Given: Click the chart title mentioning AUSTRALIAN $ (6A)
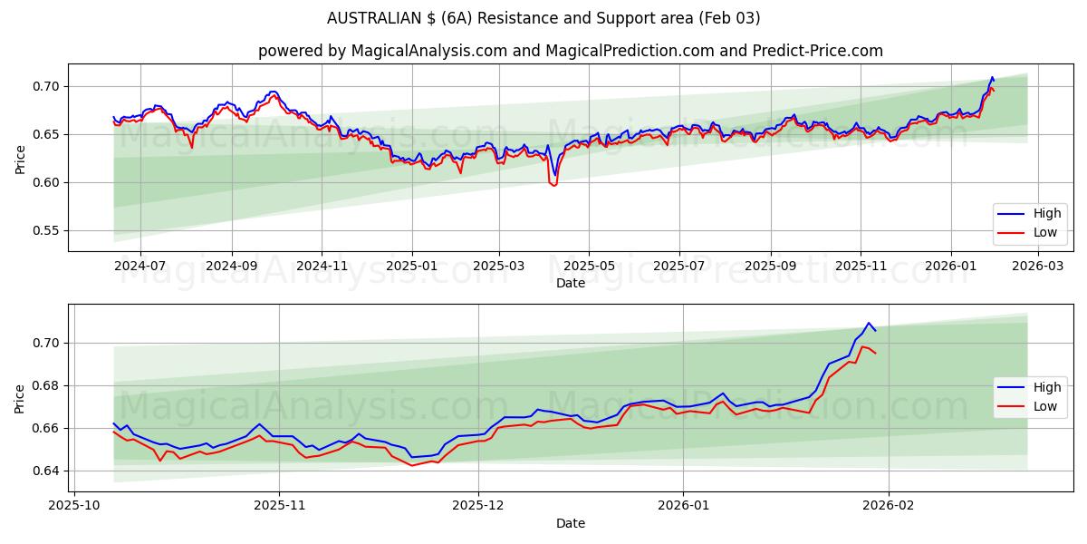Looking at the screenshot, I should [543, 18].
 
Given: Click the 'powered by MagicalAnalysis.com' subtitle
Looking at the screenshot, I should [571, 51].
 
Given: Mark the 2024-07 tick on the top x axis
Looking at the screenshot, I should [140, 266].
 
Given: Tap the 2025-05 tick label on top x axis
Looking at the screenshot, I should [589, 266].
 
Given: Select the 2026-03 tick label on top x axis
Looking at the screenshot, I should [1037, 266].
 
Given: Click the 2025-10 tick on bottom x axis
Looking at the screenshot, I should [74, 506].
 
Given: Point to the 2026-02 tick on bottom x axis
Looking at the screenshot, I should [889, 506].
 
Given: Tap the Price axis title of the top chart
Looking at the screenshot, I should [20, 159].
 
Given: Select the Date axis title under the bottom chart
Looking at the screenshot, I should [571, 523].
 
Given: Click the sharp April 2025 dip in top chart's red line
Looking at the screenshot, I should [553, 185].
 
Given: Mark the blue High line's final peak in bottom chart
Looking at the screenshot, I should [868, 323].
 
